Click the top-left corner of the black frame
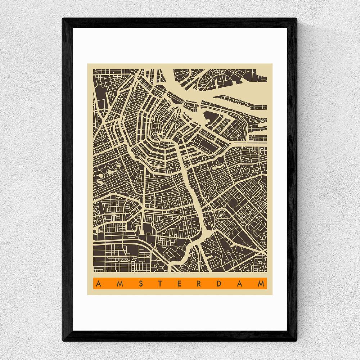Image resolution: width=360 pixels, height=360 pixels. pos(63,19)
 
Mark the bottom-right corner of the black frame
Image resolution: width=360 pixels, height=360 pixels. pos(297,341)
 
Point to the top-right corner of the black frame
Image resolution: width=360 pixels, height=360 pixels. pos(297,19)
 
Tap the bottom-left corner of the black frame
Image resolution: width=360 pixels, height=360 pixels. pos(63,341)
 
